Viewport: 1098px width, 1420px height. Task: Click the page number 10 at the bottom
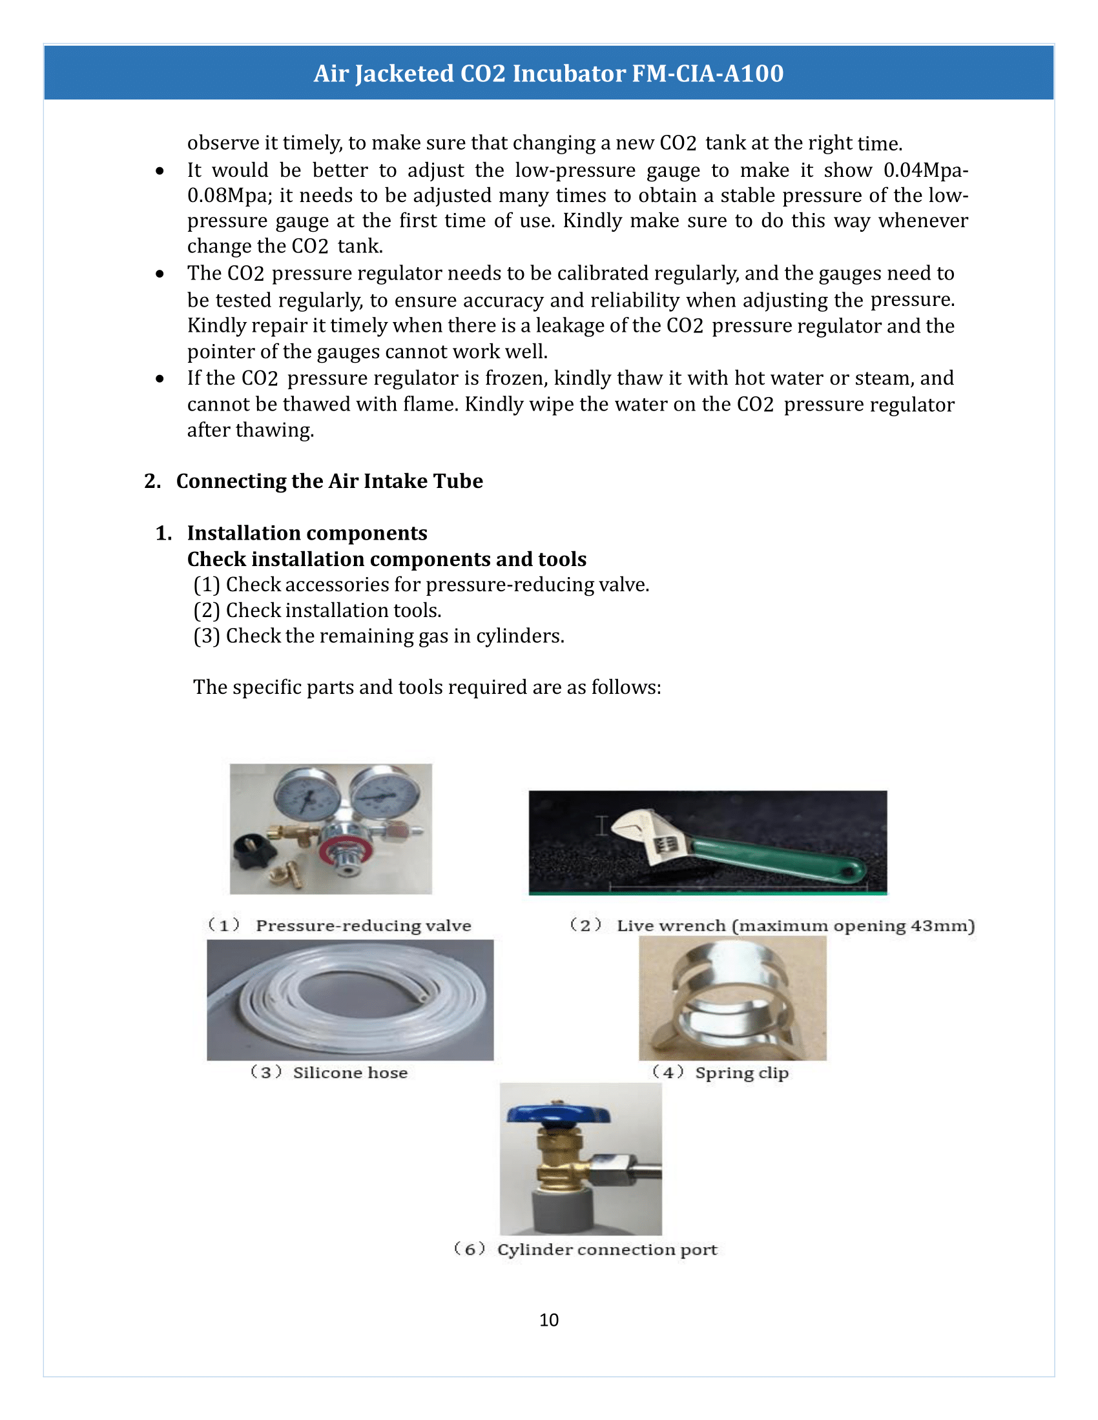(548, 1320)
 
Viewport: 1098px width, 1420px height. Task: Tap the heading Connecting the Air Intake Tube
(329, 481)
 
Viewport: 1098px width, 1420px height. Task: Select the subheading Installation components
(307, 533)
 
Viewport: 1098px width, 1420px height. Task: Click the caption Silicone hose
(350, 1073)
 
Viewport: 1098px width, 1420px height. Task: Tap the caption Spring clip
(741, 1073)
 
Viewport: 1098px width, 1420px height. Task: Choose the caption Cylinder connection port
(606, 1250)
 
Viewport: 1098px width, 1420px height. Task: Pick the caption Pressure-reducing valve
(363, 926)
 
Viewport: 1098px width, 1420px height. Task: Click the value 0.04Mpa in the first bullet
(924, 170)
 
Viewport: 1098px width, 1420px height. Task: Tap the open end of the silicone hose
(424, 995)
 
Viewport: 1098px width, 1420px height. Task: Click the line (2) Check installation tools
(317, 611)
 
